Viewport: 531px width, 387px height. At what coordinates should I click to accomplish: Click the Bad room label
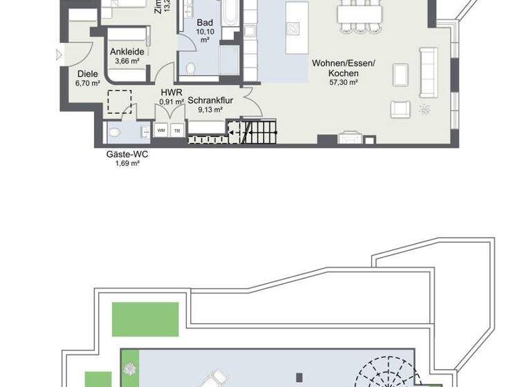[205, 23]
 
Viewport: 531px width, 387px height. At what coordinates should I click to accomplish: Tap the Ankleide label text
[127, 51]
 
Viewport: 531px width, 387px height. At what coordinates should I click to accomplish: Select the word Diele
[88, 74]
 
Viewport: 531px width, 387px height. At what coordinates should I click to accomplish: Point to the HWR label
[171, 92]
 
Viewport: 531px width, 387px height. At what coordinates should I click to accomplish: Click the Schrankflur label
[210, 100]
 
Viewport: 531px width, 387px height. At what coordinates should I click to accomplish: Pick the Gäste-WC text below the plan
[127, 154]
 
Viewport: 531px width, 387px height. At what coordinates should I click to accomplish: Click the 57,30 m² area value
[343, 82]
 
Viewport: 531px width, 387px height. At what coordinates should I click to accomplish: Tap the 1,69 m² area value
[127, 164]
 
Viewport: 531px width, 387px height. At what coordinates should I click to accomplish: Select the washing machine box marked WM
[161, 130]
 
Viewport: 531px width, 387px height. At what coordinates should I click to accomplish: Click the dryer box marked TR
[177, 130]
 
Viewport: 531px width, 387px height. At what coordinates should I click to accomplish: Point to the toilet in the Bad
[190, 68]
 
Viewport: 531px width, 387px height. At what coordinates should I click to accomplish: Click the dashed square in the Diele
[119, 102]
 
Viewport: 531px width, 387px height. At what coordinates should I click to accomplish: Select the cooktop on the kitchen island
[293, 28]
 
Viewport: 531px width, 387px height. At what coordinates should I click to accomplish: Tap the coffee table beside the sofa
[400, 73]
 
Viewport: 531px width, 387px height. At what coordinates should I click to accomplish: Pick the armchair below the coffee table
[400, 108]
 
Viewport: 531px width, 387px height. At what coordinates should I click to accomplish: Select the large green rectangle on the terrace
[145, 319]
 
